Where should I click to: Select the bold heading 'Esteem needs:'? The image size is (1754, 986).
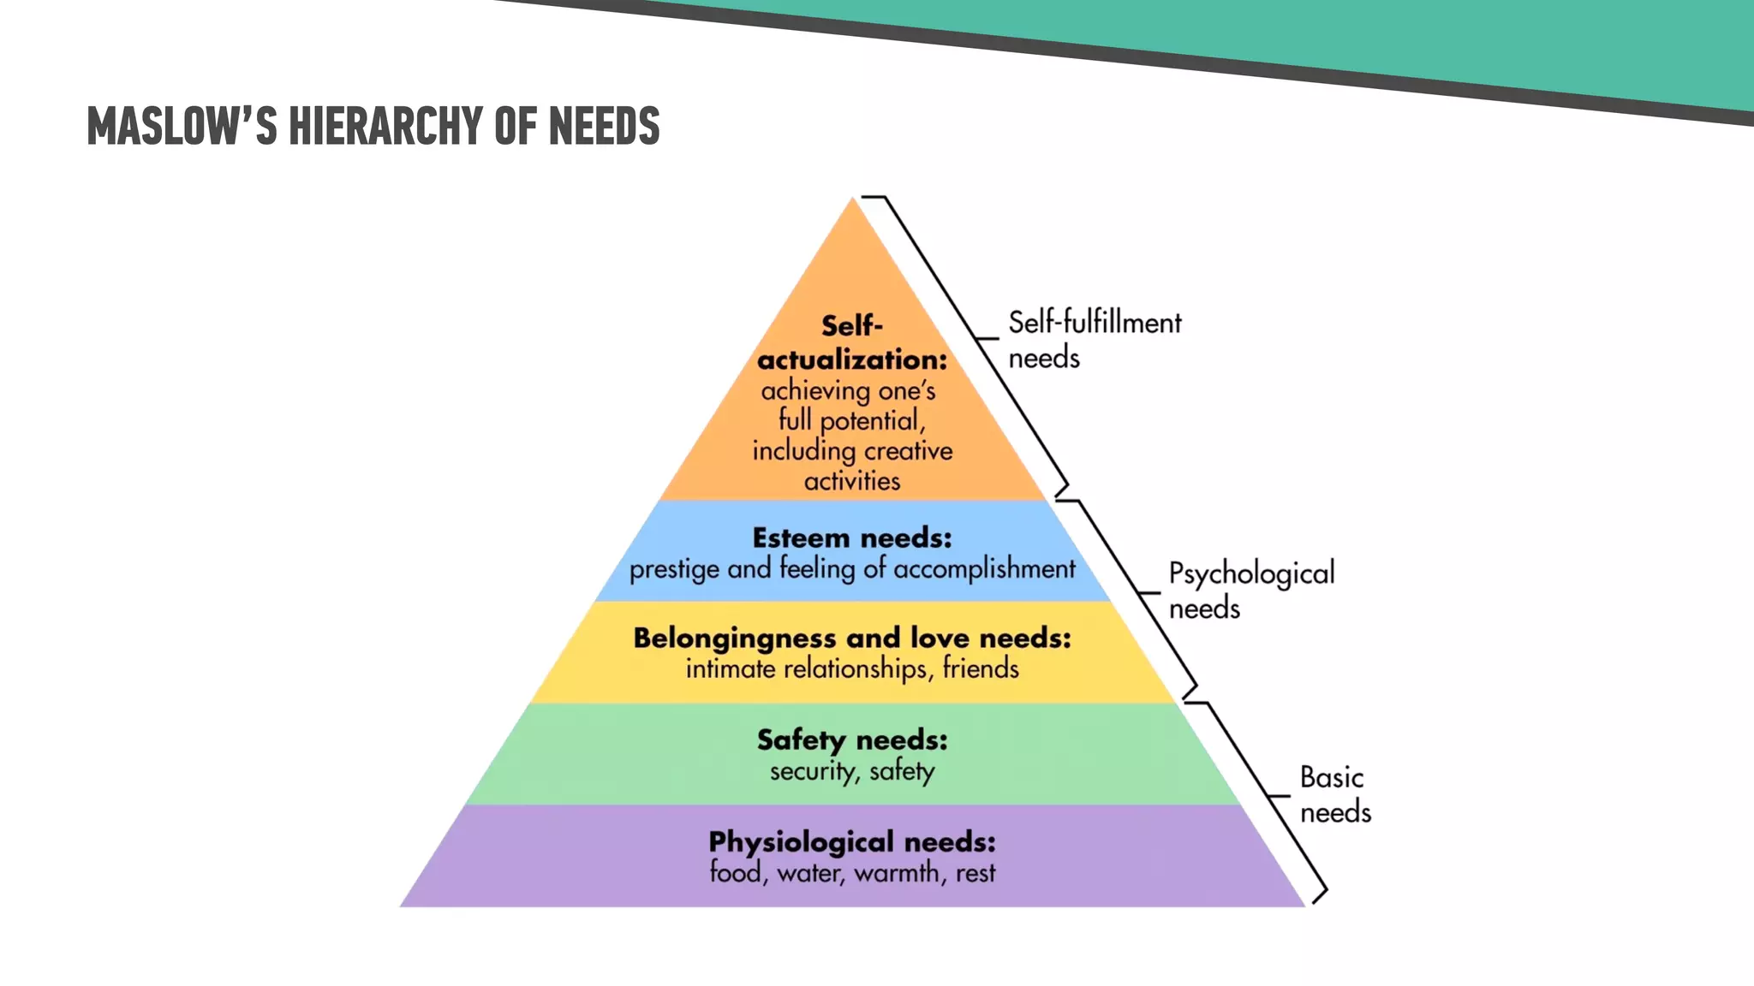point(852,538)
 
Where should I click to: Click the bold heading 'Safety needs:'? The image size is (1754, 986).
point(852,739)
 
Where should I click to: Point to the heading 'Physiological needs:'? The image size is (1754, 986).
point(852,841)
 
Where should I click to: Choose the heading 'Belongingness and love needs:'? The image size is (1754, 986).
point(852,638)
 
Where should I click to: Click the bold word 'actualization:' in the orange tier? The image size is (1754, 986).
point(852,359)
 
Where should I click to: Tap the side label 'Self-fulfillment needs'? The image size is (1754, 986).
point(1094,340)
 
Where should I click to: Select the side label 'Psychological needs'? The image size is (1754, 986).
point(1250,590)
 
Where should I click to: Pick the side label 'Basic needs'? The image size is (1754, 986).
point(1334,794)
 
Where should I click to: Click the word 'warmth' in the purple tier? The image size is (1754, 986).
point(897,873)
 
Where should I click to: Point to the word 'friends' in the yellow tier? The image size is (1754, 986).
point(981,668)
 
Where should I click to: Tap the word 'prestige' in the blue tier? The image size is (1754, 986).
point(674,569)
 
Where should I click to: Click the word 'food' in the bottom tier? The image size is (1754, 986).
point(735,873)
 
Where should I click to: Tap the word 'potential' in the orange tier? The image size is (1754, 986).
point(872,421)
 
